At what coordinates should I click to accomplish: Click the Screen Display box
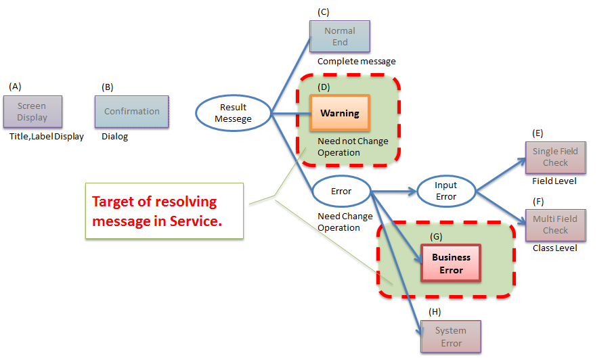32,112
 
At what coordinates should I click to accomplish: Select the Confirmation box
132,112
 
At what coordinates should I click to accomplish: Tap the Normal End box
340,37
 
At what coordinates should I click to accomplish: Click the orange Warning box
340,113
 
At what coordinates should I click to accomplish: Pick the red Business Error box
452,263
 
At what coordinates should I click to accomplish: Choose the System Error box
451,336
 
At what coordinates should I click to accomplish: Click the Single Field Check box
555,157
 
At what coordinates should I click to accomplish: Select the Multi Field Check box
555,225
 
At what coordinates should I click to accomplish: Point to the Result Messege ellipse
234,113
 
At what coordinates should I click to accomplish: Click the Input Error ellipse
445,191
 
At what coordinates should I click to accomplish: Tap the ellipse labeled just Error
341,192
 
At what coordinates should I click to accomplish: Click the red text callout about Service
164,210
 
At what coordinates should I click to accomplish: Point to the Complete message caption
357,62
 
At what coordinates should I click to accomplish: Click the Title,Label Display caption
47,137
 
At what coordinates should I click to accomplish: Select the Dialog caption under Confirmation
114,137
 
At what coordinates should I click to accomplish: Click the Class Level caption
555,248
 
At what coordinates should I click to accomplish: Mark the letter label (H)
435,311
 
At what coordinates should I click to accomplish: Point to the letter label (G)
437,235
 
